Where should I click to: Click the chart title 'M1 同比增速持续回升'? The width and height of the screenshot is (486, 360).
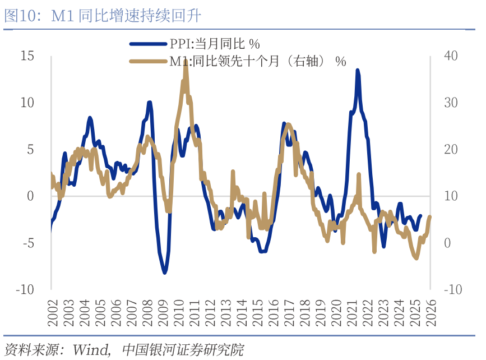pyautogui.click(x=126, y=16)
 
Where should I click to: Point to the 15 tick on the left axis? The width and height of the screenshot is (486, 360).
pyautogui.click(x=26, y=56)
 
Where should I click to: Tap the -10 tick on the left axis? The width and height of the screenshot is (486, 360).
pyautogui.click(x=24, y=289)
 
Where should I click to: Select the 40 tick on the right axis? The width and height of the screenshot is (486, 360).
pyautogui.click(x=451, y=56)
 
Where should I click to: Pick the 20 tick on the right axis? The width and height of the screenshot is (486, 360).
pyautogui.click(x=451, y=149)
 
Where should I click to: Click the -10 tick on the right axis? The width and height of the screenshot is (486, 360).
pyautogui.click(x=453, y=289)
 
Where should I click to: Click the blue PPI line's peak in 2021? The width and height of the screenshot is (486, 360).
pyautogui.click(x=358, y=71)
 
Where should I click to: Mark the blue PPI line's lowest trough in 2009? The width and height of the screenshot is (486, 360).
pyautogui.click(x=165, y=273)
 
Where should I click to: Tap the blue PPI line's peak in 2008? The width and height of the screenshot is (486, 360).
pyautogui.click(x=150, y=103)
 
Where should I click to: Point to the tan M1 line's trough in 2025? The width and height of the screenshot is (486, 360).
pyautogui.click(x=416, y=258)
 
